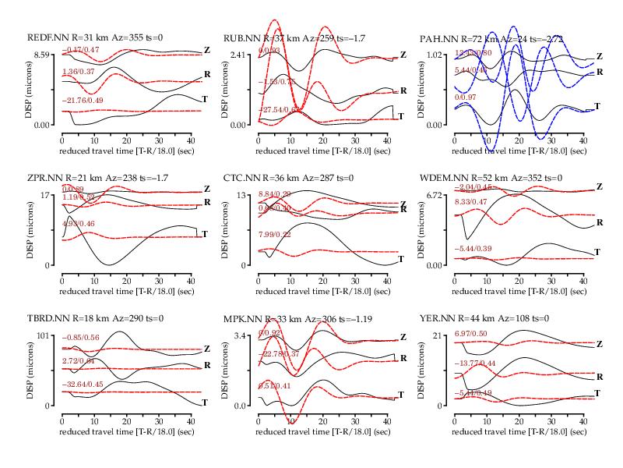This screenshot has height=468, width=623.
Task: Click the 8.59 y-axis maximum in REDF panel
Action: tap(40, 54)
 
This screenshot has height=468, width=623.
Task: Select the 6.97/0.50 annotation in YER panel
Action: tap(473, 334)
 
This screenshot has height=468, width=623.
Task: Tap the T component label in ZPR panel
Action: tap(204, 233)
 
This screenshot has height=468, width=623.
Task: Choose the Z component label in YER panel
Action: tap(600, 344)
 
